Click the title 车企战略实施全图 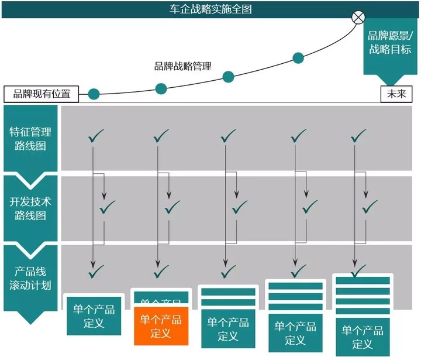[x=210, y=9]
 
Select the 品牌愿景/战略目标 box [x=389, y=42]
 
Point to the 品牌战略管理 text [x=182, y=67]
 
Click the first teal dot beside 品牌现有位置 [x=94, y=94]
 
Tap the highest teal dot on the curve [x=298, y=57]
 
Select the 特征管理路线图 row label [x=30, y=138]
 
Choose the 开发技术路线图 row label [x=30, y=208]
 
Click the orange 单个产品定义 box [x=161, y=327]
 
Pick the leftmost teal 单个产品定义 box [x=94, y=316]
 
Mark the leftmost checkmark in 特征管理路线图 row [x=95, y=137]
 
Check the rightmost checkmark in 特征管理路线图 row [x=357, y=137]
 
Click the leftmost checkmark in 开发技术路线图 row [x=108, y=207]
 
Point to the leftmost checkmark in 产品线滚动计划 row [x=95, y=271]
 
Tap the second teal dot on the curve [x=161, y=89]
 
